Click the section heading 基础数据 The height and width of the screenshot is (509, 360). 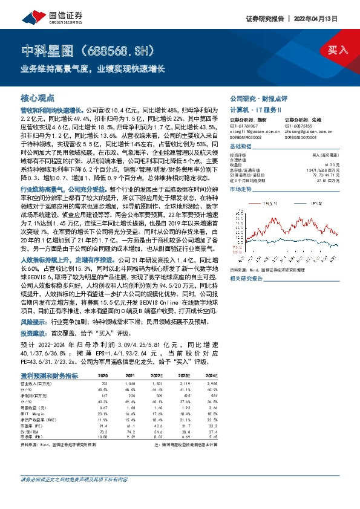click(241, 146)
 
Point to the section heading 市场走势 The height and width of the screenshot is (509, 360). click(241, 189)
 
